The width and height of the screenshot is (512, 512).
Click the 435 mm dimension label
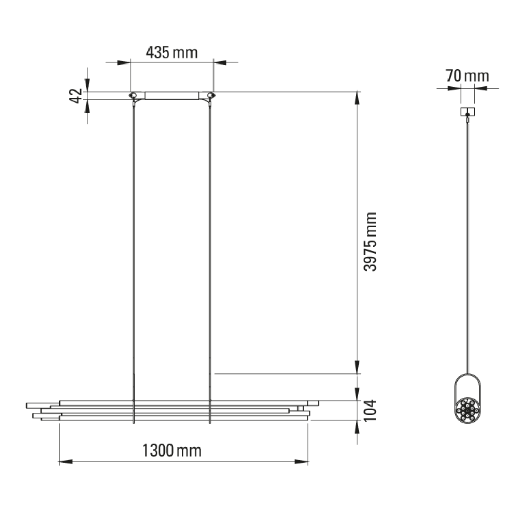tap(172, 52)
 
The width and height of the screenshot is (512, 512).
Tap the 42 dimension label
tap(76, 95)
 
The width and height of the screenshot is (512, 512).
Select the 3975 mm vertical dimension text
tap(371, 242)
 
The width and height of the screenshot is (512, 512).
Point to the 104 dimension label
tap(371, 410)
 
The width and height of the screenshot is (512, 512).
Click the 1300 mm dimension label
tap(172, 451)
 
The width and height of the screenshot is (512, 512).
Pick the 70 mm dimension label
tap(467, 76)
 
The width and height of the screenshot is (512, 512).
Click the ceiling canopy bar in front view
tap(172, 96)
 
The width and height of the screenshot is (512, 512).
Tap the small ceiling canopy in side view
tap(467, 111)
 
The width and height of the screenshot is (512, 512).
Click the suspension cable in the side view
tap(467, 246)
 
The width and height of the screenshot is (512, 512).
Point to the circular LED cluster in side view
tap(467, 410)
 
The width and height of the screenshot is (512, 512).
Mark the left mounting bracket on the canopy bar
tap(134, 96)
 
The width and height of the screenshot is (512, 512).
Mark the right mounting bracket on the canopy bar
tap(209, 96)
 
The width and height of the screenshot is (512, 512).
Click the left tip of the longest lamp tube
tap(28, 406)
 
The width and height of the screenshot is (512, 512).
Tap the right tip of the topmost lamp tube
tap(317, 402)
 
